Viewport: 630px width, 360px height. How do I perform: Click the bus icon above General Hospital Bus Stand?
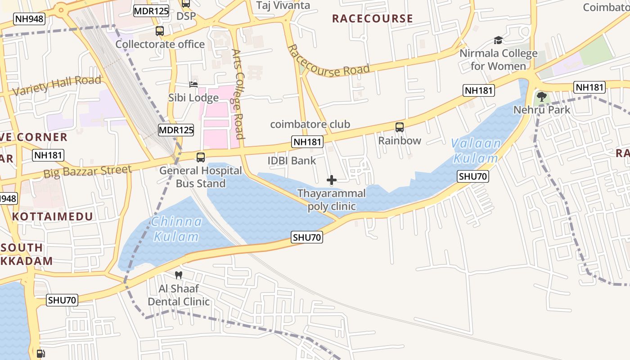pos(201,157)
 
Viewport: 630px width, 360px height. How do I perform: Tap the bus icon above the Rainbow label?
pos(400,127)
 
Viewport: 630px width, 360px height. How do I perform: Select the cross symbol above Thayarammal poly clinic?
pos(332,180)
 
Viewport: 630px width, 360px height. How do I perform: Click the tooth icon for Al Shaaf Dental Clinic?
pos(179,275)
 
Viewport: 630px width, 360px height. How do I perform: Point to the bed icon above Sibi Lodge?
pos(193,85)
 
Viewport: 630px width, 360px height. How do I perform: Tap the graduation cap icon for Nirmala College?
pos(498,40)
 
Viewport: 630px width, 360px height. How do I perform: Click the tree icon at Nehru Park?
pos(542,96)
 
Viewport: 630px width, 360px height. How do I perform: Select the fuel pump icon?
pos(40,354)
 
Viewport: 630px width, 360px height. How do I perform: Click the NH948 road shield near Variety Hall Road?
pos(29,19)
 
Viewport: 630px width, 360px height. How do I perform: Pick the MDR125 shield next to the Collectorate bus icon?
pos(151,11)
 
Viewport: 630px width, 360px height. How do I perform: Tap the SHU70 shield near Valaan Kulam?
pos(473,176)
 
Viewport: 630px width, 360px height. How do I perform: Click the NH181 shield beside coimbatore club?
pos(307,142)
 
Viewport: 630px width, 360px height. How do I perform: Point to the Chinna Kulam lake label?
pos(176,229)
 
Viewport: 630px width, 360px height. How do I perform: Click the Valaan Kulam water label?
pos(476,151)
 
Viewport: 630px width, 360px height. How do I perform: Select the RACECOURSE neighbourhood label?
pos(372,18)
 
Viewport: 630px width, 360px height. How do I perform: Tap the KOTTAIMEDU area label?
pos(53,216)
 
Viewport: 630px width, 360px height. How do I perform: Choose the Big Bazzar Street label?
pos(88,171)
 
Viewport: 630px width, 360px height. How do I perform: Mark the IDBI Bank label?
pos(292,161)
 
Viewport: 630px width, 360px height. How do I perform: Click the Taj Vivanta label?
pos(283,5)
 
